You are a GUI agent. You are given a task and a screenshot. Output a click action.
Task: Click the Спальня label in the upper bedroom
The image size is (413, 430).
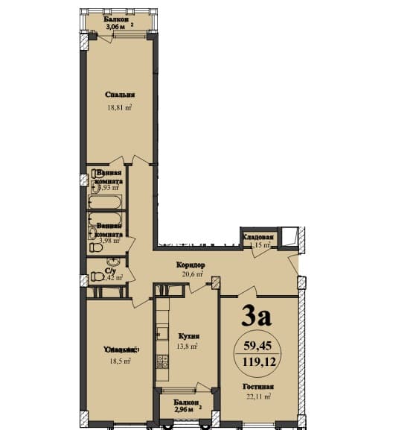pos(119,95)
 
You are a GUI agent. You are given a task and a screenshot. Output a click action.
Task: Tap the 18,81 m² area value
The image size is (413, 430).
pos(119,107)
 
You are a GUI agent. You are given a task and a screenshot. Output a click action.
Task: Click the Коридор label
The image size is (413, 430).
pos(191,265)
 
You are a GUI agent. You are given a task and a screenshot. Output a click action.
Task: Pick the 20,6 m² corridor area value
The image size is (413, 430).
pos(191,275)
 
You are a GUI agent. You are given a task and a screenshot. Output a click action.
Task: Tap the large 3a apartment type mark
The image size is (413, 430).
pos(257,317)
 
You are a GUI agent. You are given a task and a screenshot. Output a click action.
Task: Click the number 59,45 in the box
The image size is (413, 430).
pos(257,344)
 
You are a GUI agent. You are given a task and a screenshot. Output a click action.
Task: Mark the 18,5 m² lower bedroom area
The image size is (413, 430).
pos(119,361)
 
